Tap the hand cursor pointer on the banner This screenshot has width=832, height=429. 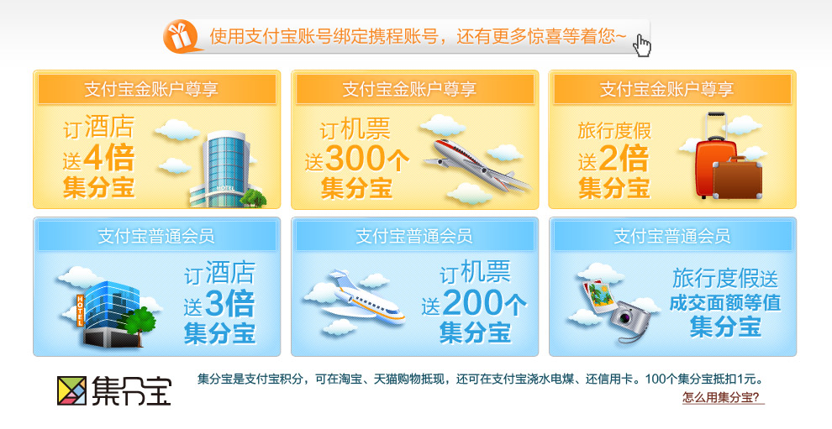[642, 45]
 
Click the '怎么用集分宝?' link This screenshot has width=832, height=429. [721, 397]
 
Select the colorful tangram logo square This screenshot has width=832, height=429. [71, 391]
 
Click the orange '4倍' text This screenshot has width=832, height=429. [108, 158]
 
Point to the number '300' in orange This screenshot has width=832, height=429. [355, 159]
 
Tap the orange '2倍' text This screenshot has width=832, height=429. [624, 158]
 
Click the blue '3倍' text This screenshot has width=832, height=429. [229, 304]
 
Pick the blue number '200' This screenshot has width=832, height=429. [471, 304]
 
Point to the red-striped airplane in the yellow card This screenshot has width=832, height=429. [477, 165]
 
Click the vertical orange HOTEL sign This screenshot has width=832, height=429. [80, 309]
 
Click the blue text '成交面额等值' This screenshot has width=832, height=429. [724, 303]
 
